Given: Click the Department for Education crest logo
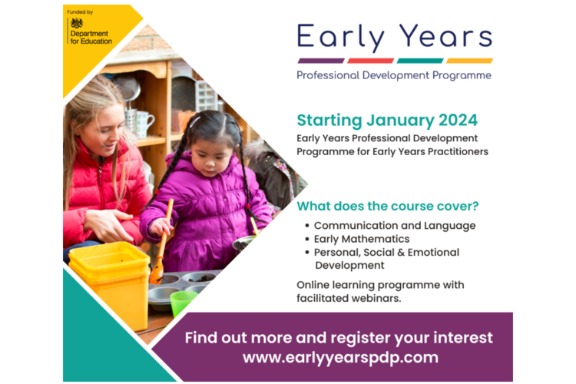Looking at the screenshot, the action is coord(77,24).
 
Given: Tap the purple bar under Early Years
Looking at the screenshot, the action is coord(321,61).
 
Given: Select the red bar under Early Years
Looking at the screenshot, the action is coord(370,61).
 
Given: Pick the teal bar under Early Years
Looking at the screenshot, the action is coord(420,61).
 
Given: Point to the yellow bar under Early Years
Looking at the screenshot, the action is coord(469,61).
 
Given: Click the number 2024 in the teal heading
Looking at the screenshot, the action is coord(458,120).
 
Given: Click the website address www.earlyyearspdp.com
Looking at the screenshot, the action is coord(340,358).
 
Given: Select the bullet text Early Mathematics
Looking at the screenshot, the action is coord(362,239).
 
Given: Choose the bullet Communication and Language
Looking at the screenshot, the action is coord(395,226).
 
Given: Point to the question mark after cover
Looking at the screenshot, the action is coord(475,206).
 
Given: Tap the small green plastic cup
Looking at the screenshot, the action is coord(183,302).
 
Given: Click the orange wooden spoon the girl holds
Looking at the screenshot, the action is coord(161,243).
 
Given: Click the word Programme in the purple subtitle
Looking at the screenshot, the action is coord(462,76).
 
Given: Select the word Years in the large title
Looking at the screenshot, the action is coord(446,36).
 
